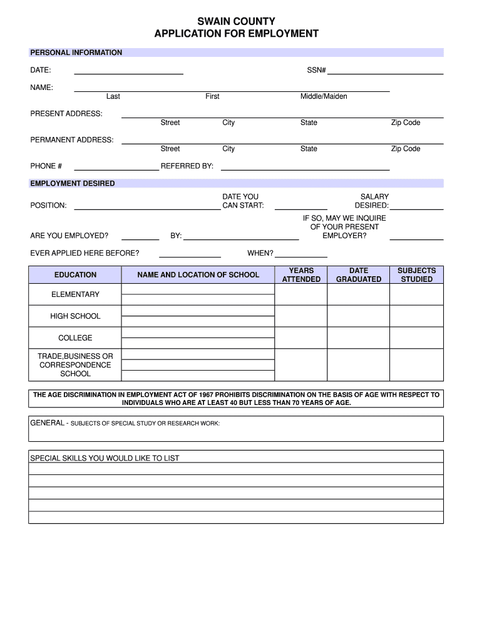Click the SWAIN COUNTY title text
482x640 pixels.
(236, 22)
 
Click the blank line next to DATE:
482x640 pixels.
(128, 71)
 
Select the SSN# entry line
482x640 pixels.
(386, 71)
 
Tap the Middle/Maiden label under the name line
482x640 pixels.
(324, 96)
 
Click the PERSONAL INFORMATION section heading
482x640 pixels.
(76, 52)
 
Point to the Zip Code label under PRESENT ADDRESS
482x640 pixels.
(406, 122)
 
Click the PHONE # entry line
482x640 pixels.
(116, 166)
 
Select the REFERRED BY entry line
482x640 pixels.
(305, 166)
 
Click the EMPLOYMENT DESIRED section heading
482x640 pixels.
(73, 183)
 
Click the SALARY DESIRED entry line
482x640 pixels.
(417, 206)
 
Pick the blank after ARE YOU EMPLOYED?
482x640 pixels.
(140, 236)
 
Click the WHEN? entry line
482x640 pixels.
(301, 253)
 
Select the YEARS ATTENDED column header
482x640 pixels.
(301, 275)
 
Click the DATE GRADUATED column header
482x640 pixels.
(359, 275)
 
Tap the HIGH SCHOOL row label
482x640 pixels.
(75, 316)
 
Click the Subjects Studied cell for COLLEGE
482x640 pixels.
(417, 338)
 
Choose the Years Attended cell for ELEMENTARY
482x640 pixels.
(301, 294)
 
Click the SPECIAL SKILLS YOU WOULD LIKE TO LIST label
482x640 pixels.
(105, 458)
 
